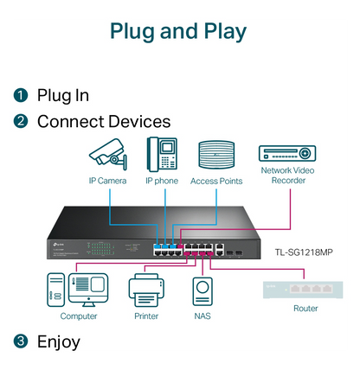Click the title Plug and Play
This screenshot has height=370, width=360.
click(x=179, y=31)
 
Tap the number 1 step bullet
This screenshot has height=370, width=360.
click(x=21, y=95)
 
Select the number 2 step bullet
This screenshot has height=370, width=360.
click(x=21, y=121)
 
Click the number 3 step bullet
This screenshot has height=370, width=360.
click(x=21, y=341)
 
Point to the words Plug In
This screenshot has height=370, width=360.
click(x=62, y=95)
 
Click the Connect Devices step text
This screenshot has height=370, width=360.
click(x=103, y=121)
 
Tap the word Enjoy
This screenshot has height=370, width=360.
click(x=58, y=341)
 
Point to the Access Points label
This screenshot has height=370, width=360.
click(x=216, y=182)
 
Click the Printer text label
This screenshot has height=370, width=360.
click(x=146, y=316)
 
